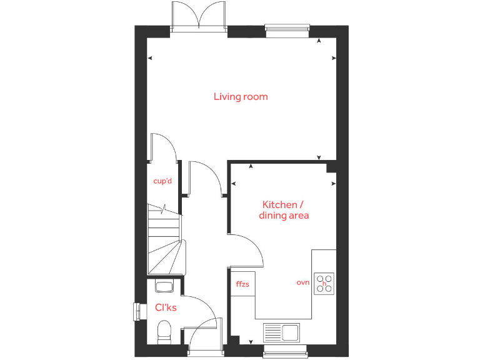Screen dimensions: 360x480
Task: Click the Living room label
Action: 241,96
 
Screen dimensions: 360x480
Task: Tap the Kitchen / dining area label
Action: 284,210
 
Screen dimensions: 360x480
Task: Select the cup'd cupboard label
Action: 162,182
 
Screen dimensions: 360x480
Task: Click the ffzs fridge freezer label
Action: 242,284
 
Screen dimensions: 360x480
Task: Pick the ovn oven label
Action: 303,283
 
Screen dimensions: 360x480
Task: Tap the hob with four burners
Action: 324,283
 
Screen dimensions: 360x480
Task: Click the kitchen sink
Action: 281,332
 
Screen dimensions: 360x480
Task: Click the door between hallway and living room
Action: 202,178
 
